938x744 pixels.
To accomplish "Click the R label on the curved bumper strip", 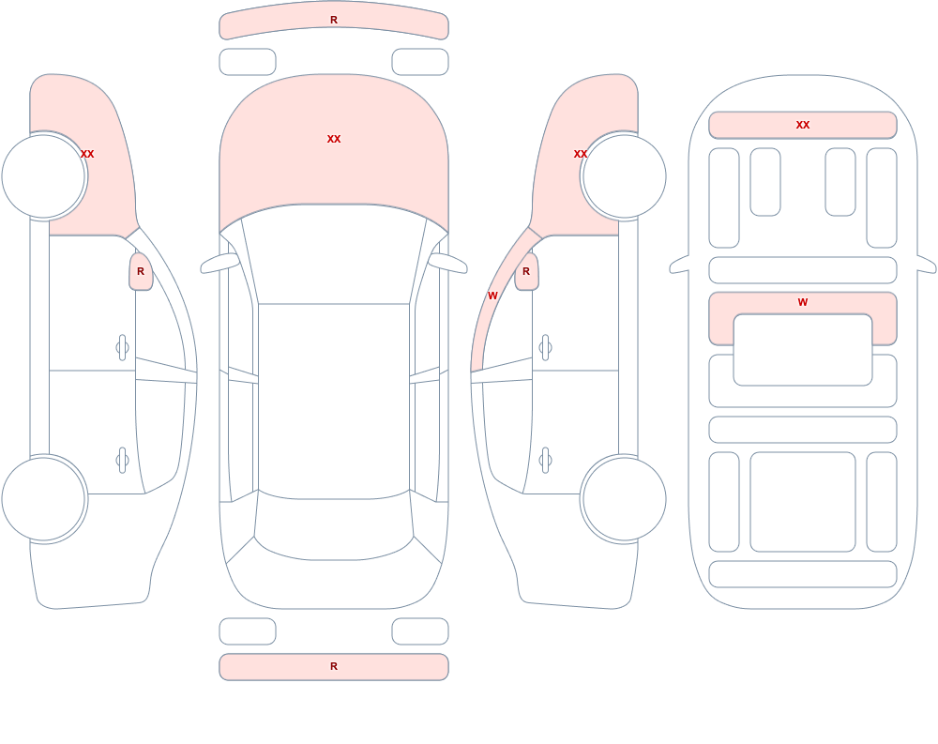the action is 334,20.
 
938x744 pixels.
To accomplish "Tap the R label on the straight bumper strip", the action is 334,666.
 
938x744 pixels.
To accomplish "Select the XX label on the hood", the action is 334,139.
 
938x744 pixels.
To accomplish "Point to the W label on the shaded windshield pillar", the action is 492,296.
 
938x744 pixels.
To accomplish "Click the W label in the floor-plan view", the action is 803,302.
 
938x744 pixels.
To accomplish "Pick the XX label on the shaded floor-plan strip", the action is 803,125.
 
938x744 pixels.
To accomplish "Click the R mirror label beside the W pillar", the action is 526,271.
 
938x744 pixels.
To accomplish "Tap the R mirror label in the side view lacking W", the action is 141,271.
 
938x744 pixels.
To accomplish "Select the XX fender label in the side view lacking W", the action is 87,154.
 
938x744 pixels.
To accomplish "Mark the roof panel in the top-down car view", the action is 334,400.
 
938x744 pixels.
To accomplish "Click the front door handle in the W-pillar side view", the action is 545,348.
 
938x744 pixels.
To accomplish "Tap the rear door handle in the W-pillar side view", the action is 545,461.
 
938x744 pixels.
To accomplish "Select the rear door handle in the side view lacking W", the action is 122,461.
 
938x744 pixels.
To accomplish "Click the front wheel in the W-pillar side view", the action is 625,176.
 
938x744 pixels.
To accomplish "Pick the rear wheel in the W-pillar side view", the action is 625,498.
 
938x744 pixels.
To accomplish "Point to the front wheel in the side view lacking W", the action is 43,176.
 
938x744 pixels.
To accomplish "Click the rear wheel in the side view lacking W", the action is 43,498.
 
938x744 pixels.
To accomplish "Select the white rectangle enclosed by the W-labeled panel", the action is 803,350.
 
